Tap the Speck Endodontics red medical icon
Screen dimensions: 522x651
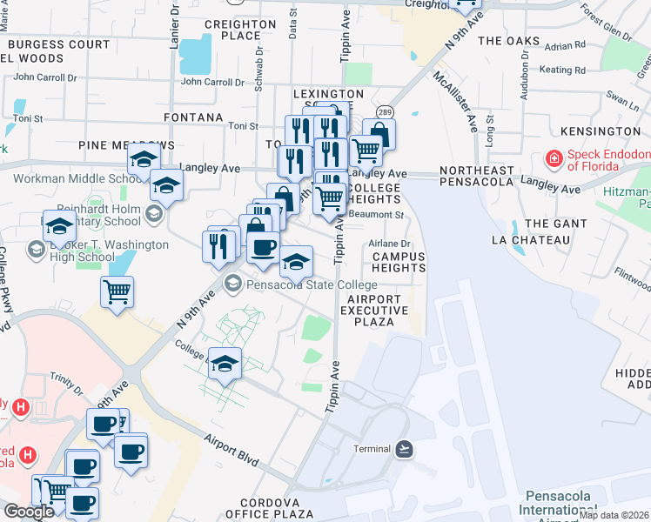[553, 159]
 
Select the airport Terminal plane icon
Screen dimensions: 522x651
[403, 448]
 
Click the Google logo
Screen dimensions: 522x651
[29, 512]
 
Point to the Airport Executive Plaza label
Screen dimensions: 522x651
[374, 310]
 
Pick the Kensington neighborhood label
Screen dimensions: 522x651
[601, 130]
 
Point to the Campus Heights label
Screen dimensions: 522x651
[399, 262]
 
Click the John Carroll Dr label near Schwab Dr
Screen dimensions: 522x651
[212, 82]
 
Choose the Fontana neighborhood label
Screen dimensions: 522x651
[194, 117]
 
